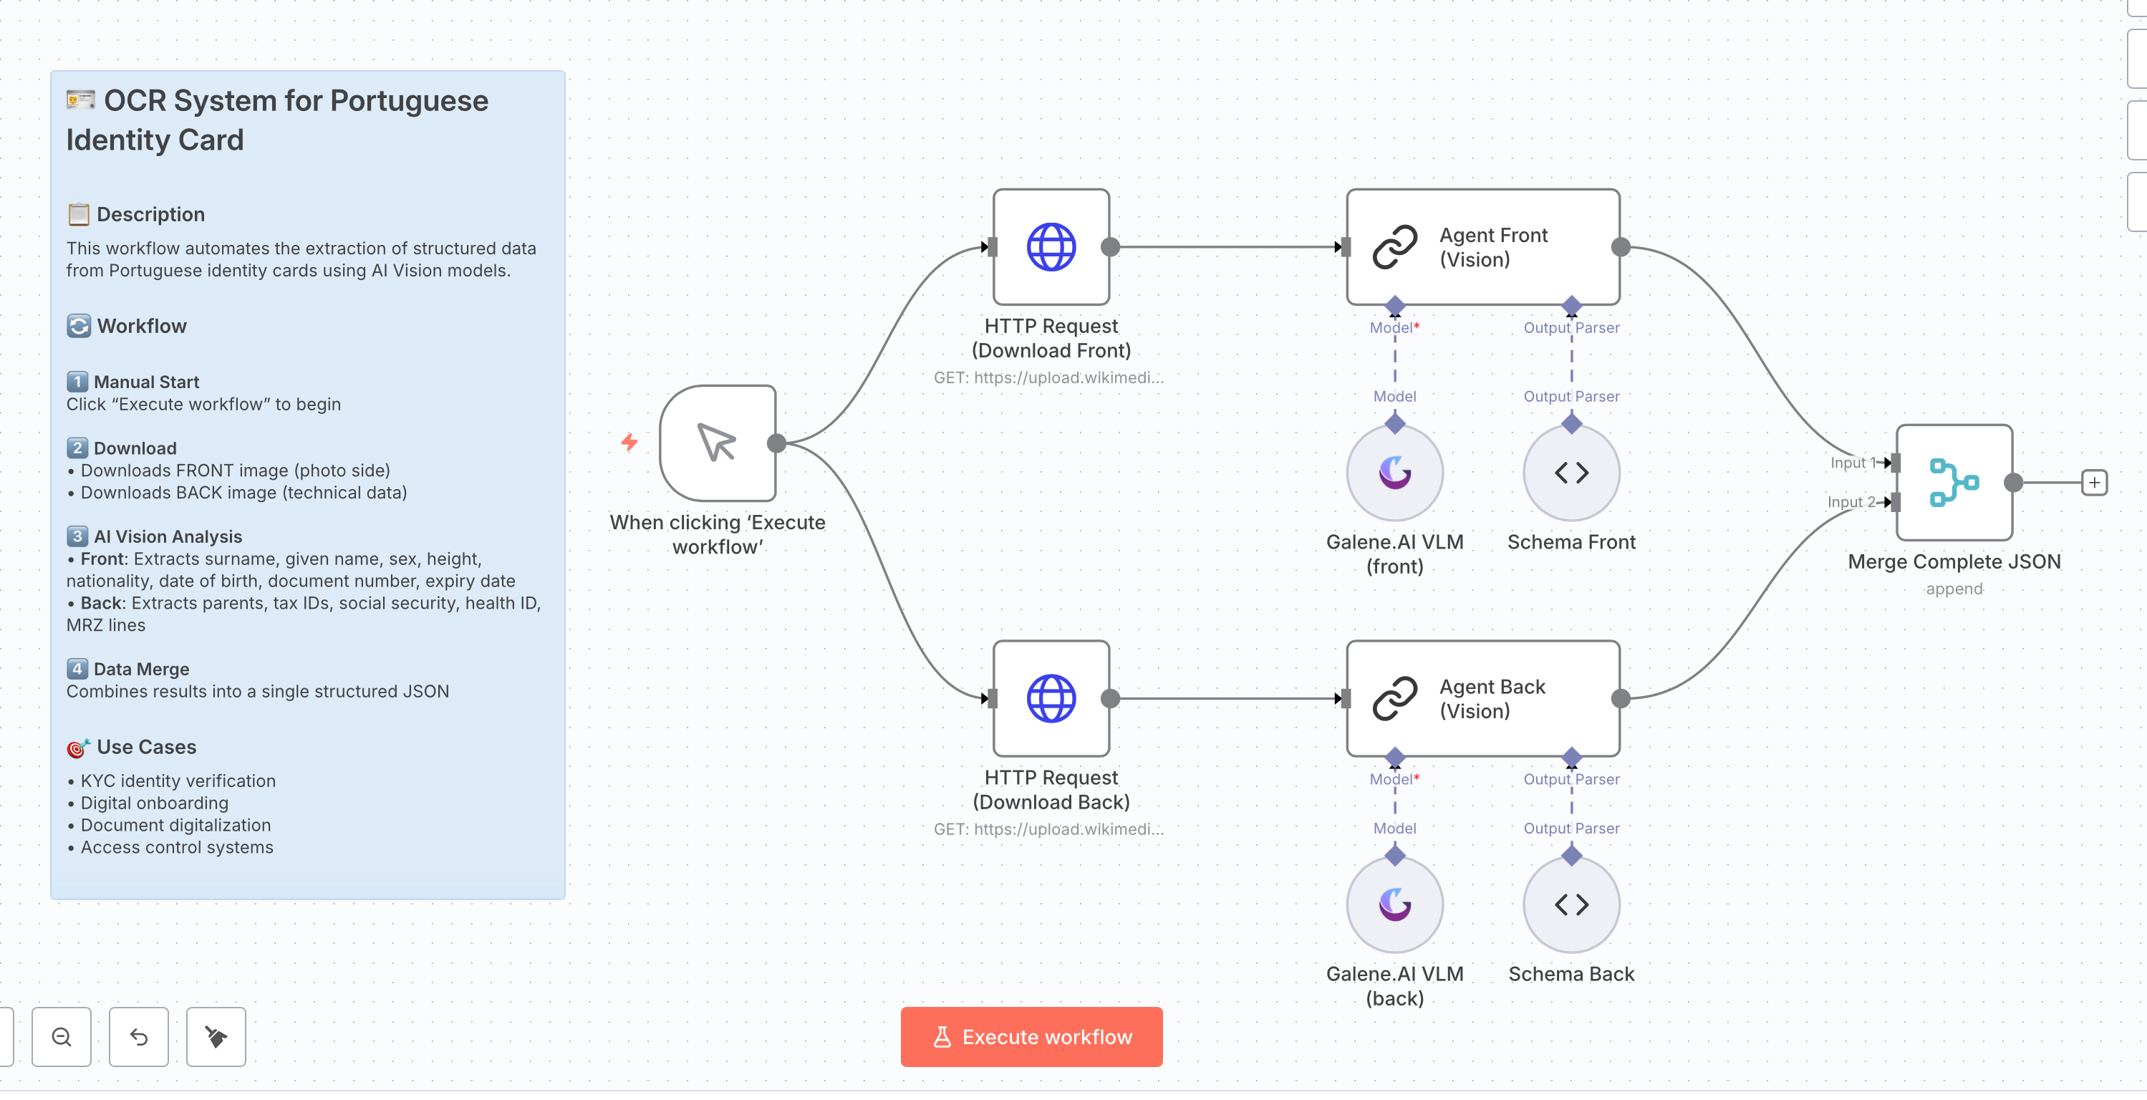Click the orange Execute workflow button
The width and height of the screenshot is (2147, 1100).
[x=1031, y=1037]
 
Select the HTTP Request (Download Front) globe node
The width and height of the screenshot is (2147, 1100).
[x=1051, y=246]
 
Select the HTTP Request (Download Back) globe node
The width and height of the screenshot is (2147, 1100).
[x=1051, y=698]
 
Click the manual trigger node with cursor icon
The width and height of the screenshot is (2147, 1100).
[x=718, y=443]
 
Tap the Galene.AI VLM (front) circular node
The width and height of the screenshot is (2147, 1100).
[x=1394, y=473]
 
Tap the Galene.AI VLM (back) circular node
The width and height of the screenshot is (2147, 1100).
[x=1394, y=905]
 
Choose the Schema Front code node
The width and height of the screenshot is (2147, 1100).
[x=1571, y=473]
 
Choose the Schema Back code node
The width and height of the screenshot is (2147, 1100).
[x=1571, y=905]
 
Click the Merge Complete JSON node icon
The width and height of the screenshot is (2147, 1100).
[x=1954, y=483]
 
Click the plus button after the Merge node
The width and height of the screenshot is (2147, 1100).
[x=2094, y=483]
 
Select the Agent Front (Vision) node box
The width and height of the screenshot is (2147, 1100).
[x=1482, y=246]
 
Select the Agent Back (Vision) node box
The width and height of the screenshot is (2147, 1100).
[x=1482, y=698]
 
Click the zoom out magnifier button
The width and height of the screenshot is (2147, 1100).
[x=62, y=1037]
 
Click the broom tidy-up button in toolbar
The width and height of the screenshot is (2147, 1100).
[x=216, y=1037]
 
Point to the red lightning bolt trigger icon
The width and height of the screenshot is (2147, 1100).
[x=629, y=442]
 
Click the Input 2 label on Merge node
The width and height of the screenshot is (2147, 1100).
[x=1851, y=502]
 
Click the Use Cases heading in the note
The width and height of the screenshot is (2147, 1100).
[x=146, y=747]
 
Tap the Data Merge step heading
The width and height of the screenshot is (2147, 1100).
[x=141, y=669]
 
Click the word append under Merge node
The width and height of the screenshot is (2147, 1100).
[x=1954, y=589]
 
